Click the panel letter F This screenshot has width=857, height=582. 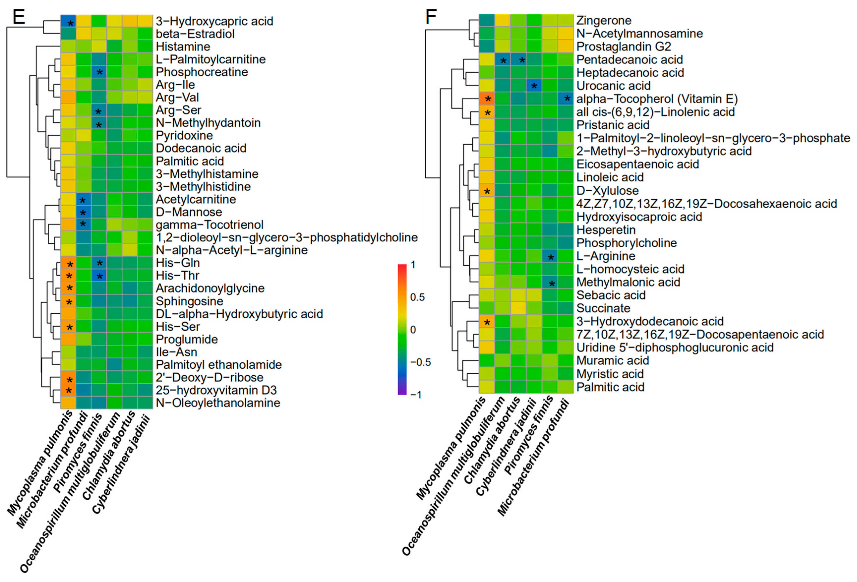[431, 17]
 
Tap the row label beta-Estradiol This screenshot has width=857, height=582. [195, 34]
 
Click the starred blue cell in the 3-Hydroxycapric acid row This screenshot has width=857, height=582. [68, 21]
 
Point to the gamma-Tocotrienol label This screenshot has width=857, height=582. [209, 225]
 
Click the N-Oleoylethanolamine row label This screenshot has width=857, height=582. [218, 403]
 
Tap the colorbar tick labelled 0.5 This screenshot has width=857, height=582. [417, 297]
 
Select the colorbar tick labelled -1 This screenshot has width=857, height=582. [415, 395]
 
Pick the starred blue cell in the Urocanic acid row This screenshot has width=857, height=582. [534, 86]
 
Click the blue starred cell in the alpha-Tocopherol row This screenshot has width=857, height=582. [566, 99]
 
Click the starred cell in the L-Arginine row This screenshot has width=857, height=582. [550, 256]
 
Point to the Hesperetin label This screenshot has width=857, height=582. [606, 230]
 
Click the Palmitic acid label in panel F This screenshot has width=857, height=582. [610, 387]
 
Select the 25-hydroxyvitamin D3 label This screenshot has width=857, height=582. [216, 390]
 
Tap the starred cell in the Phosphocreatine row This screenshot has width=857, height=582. [99, 72]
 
